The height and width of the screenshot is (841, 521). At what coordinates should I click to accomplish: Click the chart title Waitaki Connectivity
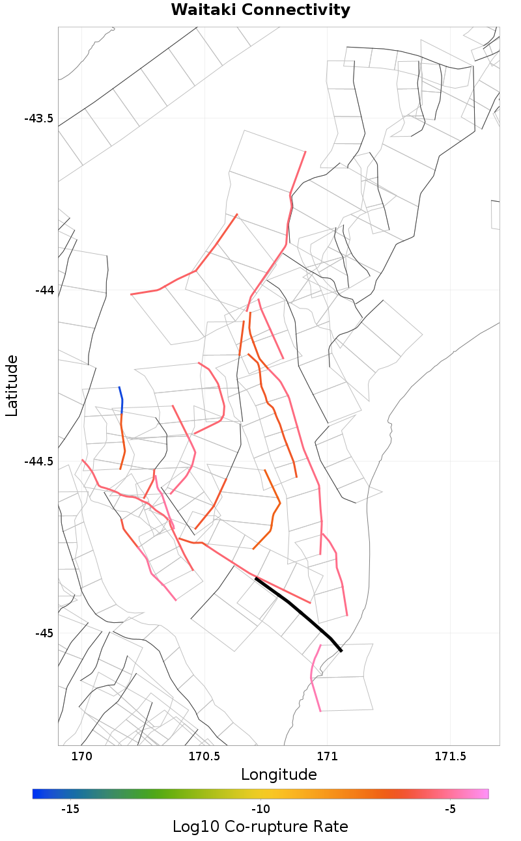click(260, 10)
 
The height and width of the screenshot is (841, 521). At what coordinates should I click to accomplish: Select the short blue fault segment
click(121, 400)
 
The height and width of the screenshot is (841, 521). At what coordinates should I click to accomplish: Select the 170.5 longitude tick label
click(203, 756)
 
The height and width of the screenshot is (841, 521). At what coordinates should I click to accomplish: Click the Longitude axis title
click(279, 775)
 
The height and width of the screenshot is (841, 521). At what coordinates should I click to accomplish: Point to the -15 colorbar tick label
click(70, 809)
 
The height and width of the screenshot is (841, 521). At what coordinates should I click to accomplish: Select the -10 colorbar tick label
click(260, 809)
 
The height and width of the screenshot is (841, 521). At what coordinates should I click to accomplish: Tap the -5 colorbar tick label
click(450, 809)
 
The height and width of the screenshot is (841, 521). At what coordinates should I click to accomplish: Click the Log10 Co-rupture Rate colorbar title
click(260, 827)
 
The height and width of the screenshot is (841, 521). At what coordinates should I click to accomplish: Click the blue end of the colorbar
click(36, 793)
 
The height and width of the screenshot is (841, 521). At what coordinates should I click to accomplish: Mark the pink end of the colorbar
click(485, 793)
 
